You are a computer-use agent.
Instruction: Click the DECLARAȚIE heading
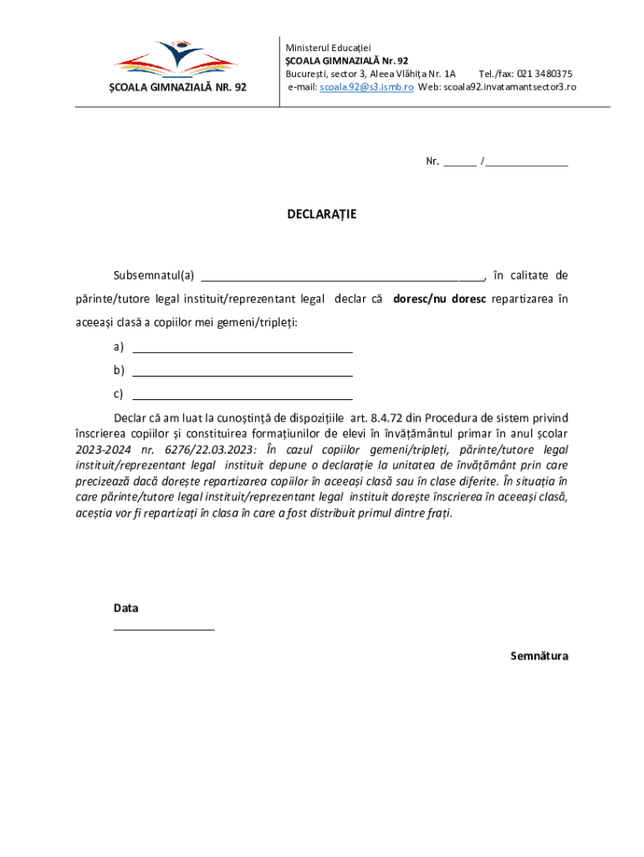pos(322,214)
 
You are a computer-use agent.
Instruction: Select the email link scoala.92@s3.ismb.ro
pos(366,86)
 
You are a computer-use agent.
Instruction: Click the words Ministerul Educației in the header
pos(328,48)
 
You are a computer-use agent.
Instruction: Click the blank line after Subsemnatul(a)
pos(342,277)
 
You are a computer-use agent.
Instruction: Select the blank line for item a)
pos(243,348)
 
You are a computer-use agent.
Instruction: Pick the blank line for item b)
pos(243,372)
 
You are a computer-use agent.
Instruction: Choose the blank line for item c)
pos(243,395)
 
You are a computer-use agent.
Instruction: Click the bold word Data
pos(126,608)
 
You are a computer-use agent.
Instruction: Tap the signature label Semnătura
pos(539,656)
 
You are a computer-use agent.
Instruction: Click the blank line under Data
pos(164,628)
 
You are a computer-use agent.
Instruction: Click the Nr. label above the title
pos(432,162)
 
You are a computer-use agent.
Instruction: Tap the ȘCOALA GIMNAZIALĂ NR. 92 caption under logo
pos(178,87)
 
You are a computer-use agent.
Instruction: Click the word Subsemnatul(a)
pos(154,275)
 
